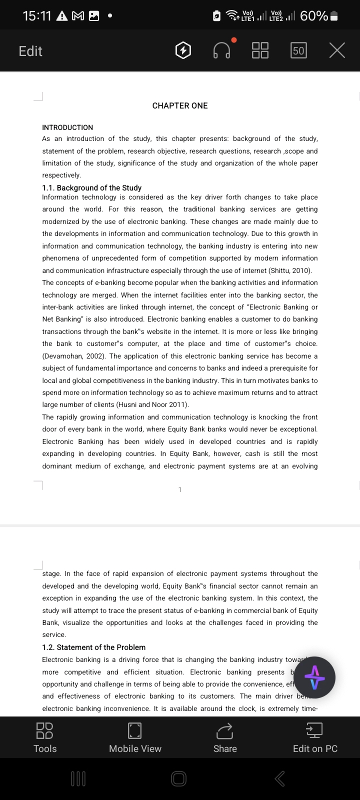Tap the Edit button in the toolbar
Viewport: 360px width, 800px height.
pos(30,51)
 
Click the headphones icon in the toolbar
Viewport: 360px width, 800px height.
pos(222,50)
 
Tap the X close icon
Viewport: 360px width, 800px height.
pos(337,50)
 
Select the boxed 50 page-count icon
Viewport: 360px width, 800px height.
pos(298,50)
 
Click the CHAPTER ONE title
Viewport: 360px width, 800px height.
pos(180,105)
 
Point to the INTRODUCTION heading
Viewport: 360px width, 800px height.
pos(67,127)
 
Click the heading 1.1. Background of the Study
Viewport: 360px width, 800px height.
pos(92,188)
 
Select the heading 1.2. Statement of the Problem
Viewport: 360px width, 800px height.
pos(94,647)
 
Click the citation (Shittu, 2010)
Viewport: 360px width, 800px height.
pos(290,270)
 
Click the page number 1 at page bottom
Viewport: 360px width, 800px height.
pos(180,489)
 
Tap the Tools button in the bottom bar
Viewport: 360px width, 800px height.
pos(45,737)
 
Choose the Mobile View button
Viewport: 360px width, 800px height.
pos(135,737)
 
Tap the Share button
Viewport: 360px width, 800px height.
pos(225,737)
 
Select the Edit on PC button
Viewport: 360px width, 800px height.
pos(315,737)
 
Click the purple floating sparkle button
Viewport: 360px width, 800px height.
pos(314,677)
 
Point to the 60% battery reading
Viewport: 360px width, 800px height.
pos(314,16)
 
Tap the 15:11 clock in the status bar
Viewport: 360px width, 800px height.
pos(37,16)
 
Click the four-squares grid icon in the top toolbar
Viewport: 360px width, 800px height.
pos(260,50)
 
